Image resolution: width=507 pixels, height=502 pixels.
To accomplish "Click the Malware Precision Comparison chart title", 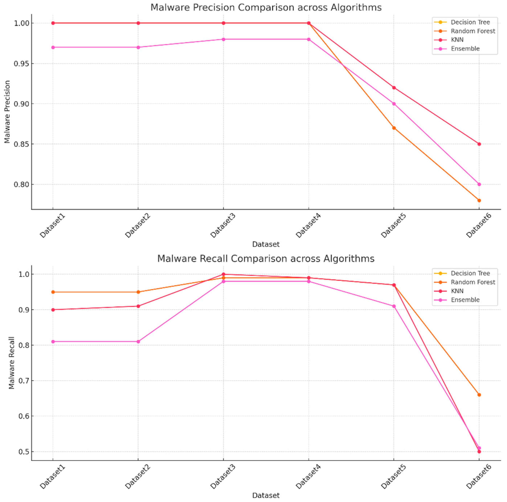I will click(x=266, y=7).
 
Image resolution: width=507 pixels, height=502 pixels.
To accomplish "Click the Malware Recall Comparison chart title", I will click(x=266, y=259).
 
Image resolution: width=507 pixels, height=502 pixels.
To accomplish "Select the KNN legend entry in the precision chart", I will click(x=457, y=40).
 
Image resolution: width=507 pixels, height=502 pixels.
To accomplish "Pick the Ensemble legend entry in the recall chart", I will click(x=465, y=300).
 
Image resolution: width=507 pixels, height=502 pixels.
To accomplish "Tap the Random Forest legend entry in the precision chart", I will click(x=473, y=31).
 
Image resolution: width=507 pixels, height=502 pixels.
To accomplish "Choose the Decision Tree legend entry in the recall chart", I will click(x=470, y=273).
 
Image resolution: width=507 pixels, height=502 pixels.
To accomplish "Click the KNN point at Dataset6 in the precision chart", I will click(x=479, y=144).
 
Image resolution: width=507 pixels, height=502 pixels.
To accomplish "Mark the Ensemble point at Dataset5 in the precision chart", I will click(x=394, y=104).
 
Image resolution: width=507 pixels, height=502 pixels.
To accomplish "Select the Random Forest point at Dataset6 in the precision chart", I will click(x=479, y=200).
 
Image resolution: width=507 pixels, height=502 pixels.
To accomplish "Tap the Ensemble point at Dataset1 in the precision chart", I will click(x=53, y=47).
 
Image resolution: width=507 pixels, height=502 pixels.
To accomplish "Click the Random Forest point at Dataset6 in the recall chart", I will click(x=479, y=395).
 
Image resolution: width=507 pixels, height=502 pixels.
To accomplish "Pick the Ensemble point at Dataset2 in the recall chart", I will click(x=138, y=341).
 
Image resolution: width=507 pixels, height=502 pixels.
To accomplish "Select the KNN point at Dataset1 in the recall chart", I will click(x=53, y=310).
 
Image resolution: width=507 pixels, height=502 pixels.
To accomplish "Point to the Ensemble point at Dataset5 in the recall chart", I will click(x=394, y=306).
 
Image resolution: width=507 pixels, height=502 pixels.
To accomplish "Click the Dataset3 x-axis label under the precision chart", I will click(x=222, y=226).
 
